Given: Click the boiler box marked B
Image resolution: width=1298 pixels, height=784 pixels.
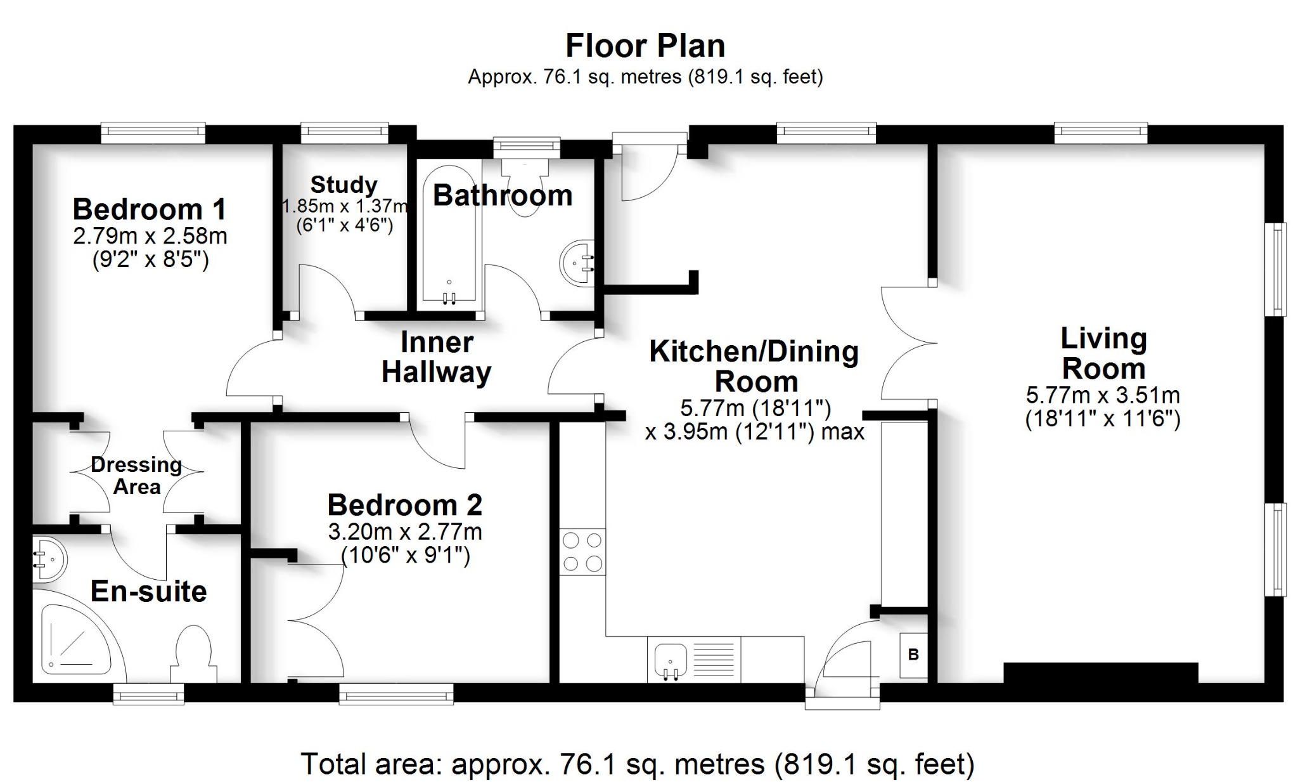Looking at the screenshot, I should [x=913, y=655].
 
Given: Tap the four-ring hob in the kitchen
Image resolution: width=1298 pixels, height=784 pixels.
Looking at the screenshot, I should [x=582, y=552].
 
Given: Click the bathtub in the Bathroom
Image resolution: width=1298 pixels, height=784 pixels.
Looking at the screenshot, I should [x=449, y=235].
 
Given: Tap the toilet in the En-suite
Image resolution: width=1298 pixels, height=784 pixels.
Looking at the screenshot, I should [x=193, y=653].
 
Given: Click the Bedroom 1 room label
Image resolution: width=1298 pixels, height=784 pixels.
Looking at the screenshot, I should [x=149, y=209].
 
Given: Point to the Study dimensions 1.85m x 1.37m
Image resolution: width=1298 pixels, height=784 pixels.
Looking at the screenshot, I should [x=344, y=206].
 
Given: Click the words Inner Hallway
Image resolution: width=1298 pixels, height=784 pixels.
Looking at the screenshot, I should [x=436, y=357].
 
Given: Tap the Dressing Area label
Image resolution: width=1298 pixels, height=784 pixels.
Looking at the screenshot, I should [x=136, y=476].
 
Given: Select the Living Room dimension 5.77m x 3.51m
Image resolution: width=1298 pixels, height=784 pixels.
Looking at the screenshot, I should [x=1103, y=396].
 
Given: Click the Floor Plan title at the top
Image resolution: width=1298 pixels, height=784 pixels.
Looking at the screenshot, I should [x=645, y=46].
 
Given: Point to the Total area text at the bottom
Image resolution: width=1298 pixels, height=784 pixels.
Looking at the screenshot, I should [x=637, y=764].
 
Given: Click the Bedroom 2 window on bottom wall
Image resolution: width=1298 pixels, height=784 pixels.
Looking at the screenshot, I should [x=396, y=693].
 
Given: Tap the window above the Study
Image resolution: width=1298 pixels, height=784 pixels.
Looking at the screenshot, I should [x=344, y=133].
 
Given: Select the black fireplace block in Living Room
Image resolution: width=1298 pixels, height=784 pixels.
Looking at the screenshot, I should [x=1100, y=672].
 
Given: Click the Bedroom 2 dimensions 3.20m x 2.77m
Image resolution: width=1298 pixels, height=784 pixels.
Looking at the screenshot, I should [x=405, y=532].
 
